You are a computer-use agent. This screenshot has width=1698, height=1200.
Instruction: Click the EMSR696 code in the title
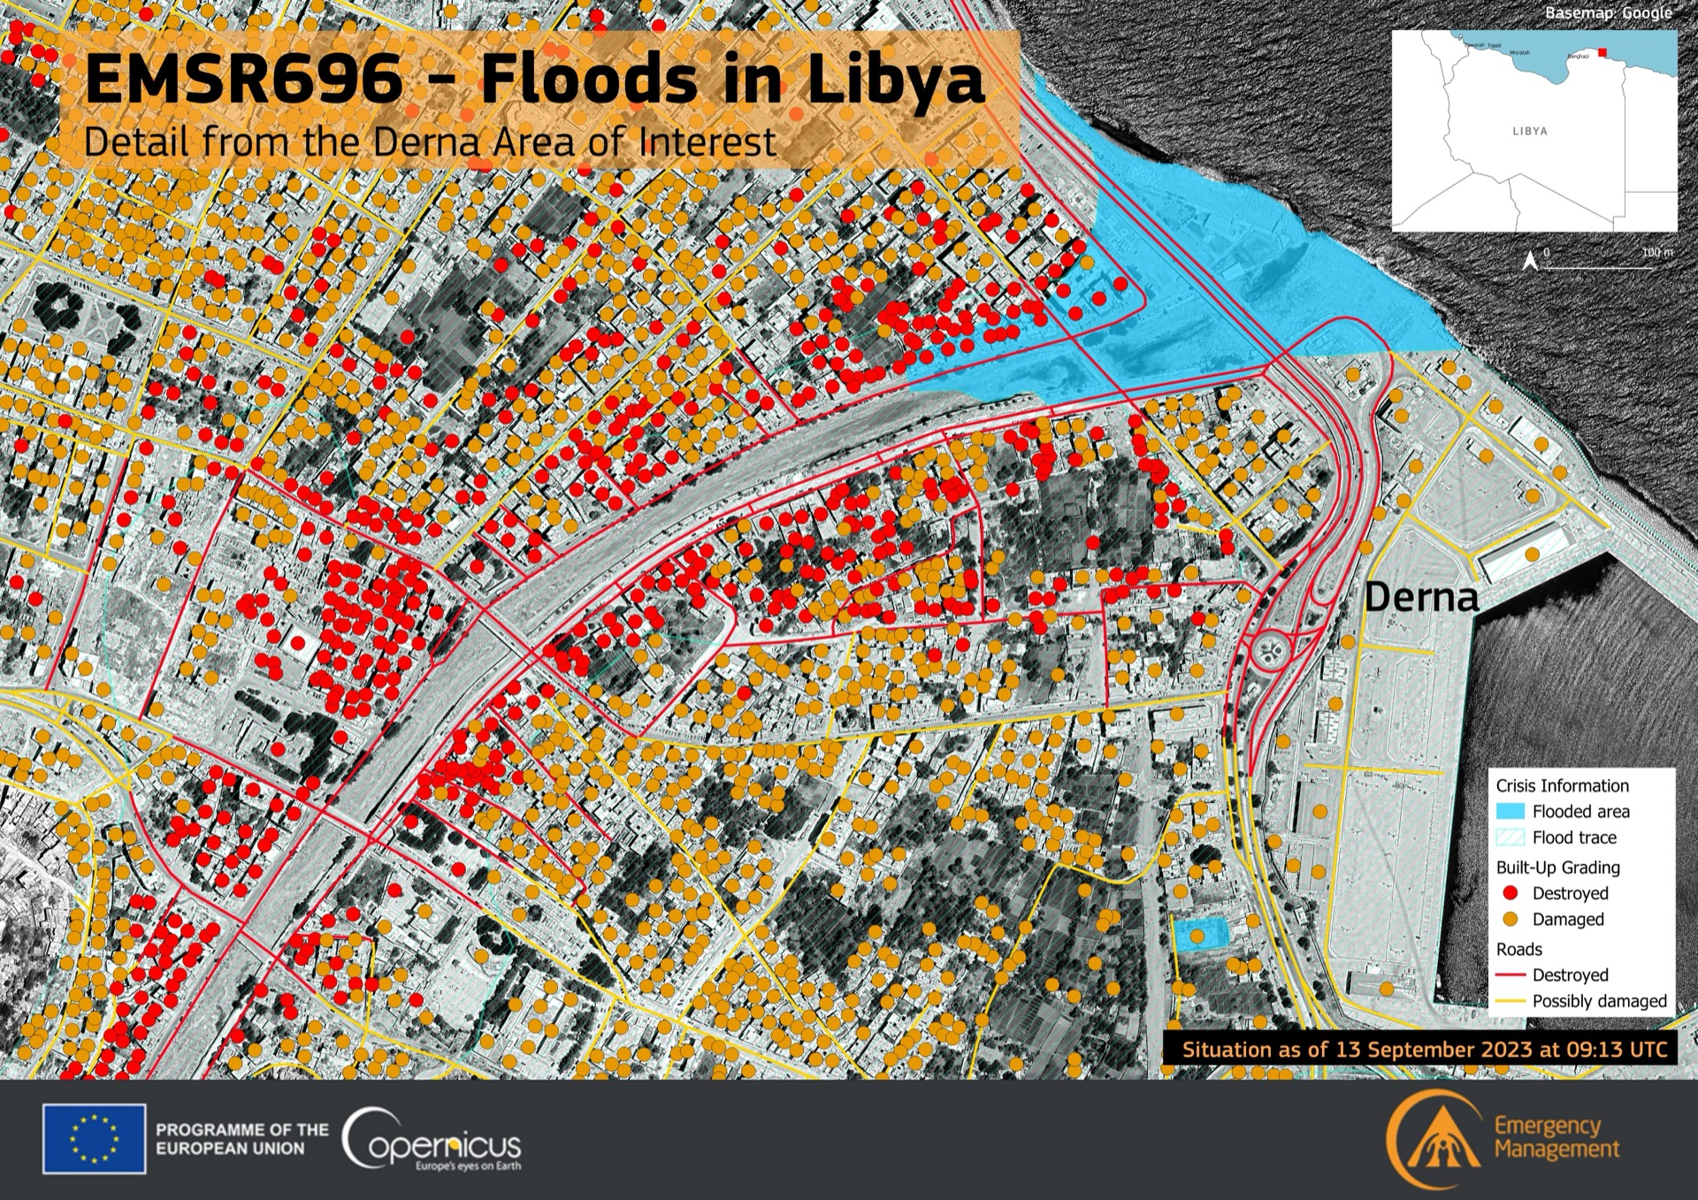coord(243,80)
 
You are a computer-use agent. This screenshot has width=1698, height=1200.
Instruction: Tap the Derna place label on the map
coord(1421,599)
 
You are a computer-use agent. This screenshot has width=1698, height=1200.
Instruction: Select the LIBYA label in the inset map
coord(1530,131)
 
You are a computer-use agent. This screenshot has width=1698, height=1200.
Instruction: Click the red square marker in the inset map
coord(1602,52)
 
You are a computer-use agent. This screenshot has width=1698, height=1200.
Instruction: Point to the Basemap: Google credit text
coord(1608,13)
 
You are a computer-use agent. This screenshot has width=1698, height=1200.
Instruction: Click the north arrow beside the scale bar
coord(1529,260)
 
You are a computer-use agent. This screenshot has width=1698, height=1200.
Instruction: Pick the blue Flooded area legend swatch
coord(1511,811)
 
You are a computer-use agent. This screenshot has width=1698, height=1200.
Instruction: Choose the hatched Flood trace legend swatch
coord(1511,837)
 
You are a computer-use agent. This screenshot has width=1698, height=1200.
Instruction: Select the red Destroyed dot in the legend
coord(1511,893)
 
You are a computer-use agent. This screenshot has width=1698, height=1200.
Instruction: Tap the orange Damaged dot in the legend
coord(1511,920)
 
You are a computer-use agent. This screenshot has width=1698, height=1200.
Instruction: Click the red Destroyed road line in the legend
coord(1511,975)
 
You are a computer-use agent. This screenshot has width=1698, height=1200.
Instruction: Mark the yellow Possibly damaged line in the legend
coord(1511,1002)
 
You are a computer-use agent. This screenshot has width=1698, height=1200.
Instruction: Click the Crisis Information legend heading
coord(1562,785)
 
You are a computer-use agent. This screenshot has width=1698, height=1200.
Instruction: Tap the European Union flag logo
coord(94,1138)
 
